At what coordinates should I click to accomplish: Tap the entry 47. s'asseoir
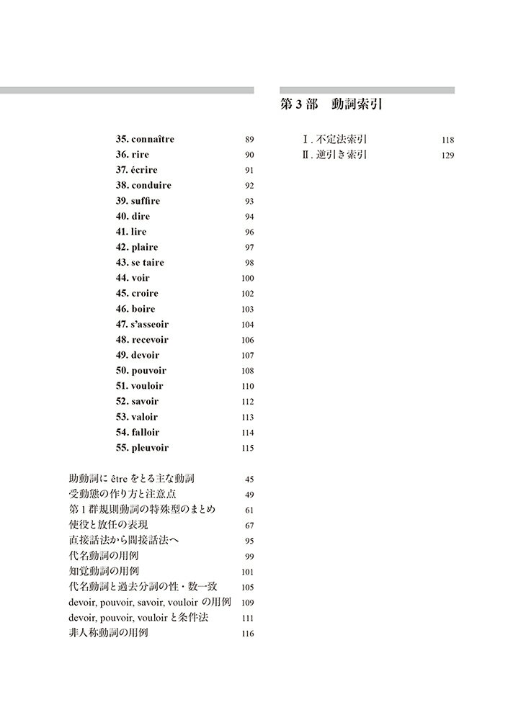click(x=141, y=325)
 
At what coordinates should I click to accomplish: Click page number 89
click(x=249, y=140)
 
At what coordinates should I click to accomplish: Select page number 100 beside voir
click(x=248, y=279)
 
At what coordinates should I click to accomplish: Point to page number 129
click(x=447, y=156)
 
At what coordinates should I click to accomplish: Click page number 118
click(x=447, y=140)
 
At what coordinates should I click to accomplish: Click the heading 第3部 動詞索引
click(x=330, y=104)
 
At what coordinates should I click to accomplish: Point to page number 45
click(x=249, y=480)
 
